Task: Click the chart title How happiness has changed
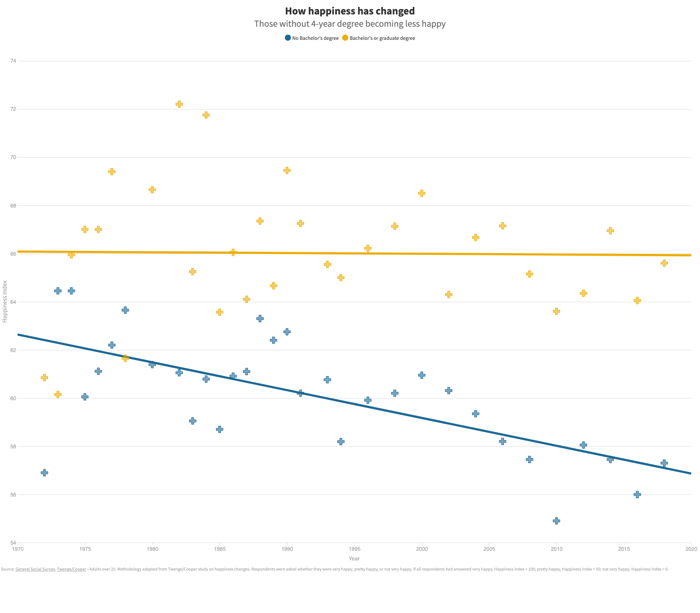pos(350,11)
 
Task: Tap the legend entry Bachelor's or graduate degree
pos(378,38)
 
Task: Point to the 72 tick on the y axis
pos(13,109)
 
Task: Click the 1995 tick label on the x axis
pos(354,549)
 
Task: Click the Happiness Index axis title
pos(5,301)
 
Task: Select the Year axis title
pos(354,558)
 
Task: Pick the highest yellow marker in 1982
pos(179,104)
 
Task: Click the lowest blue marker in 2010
pos(556,521)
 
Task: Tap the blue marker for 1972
pos(44,472)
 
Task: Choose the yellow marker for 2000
pos(422,193)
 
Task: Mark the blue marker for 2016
pos(637,494)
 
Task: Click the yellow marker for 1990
pos(287,170)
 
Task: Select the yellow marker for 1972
pos(44,377)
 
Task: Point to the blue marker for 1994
pos(341,441)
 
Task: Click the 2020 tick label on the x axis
pos(691,549)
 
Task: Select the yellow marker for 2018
pos(664,263)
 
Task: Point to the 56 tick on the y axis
pos(13,494)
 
